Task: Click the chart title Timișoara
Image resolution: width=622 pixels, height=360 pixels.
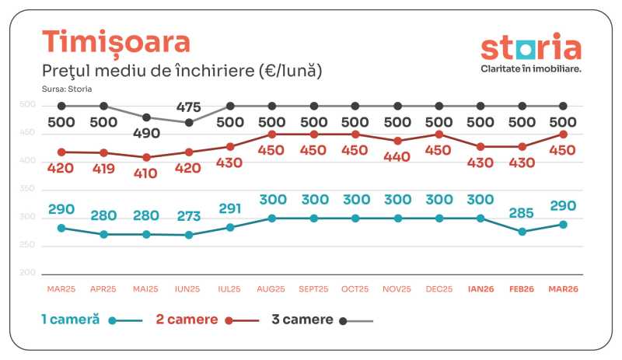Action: [x=116, y=42]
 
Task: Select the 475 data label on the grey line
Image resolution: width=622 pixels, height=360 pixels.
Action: [x=189, y=107]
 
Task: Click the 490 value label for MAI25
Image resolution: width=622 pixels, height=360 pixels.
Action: [x=145, y=134]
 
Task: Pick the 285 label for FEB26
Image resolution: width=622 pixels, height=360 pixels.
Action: [x=522, y=211]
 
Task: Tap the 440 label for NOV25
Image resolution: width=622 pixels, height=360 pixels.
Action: [x=397, y=156]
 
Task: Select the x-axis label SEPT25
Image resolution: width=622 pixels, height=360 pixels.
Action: [x=313, y=288]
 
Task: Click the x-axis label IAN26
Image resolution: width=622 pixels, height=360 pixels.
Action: [x=480, y=288]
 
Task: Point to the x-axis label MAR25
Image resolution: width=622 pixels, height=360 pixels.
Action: [x=61, y=288]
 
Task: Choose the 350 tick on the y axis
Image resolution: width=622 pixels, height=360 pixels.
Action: [x=49, y=189]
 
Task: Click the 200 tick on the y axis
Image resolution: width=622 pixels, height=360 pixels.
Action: [x=49, y=273]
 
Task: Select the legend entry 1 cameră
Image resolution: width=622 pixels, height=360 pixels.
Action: [x=70, y=319]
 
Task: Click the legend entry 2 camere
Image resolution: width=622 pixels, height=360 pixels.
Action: [x=188, y=319]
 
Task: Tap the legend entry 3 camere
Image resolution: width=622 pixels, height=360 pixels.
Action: [x=302, y=319]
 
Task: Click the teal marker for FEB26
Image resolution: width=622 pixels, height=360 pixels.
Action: [x=522, y=232]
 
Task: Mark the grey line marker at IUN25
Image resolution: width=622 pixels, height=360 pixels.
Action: [x=189, y=122]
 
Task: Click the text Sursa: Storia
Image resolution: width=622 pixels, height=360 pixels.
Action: [x=68, y=89]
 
